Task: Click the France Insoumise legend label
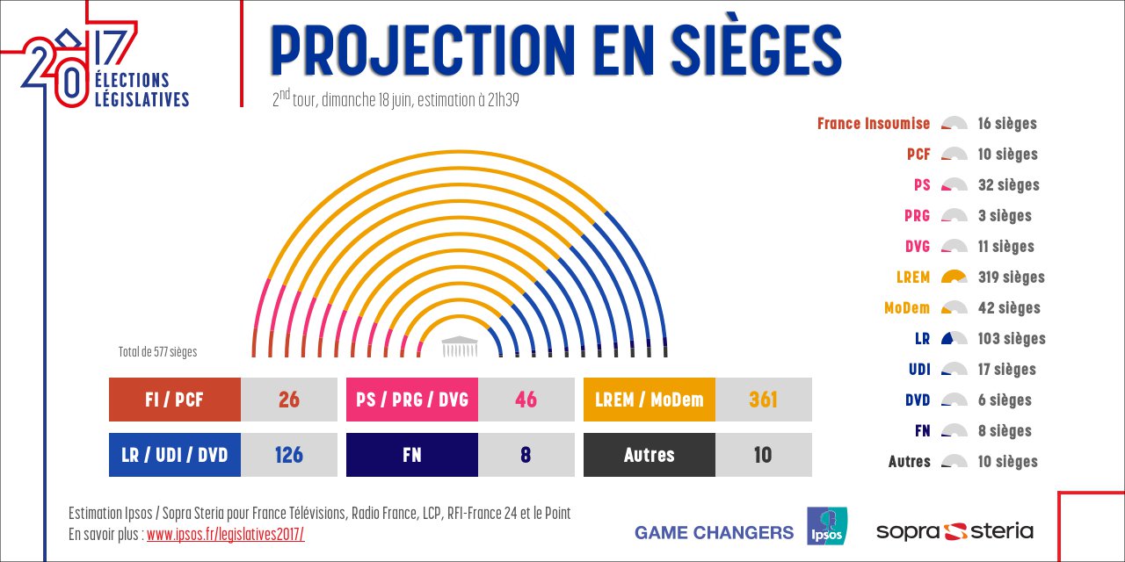click(873, 124)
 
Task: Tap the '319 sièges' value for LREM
click(1011, 277)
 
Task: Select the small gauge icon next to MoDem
click(954, 308)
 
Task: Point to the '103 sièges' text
click(1012, 339)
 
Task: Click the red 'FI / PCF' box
click(175, 400)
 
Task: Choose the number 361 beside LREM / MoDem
click(763, 400)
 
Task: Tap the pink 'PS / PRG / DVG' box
click(412, 400)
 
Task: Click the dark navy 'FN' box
click(412, 455)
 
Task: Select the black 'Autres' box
click(650, 455)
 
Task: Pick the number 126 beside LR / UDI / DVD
click(288, 455)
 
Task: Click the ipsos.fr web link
click(225, 535)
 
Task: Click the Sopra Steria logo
click(954, 531)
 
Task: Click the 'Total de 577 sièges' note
click(158, 352)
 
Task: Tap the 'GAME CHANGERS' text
click(714, 532)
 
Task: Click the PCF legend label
click(918, 155)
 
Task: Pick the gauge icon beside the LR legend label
click(954, 339)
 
